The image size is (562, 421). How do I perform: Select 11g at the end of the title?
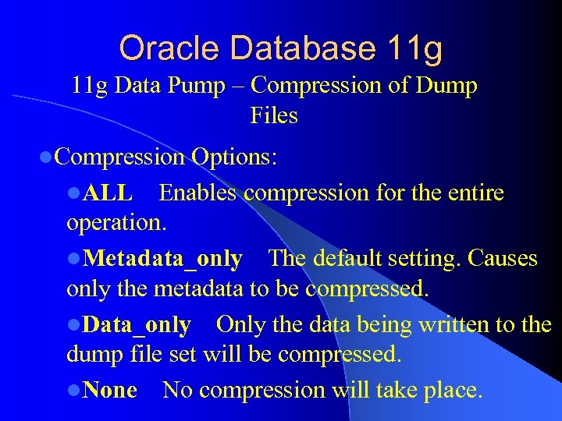point(414,48)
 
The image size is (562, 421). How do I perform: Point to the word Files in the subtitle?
point(274,115)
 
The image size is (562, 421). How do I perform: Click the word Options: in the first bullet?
point(234,157)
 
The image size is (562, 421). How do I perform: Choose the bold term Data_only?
point(136,324)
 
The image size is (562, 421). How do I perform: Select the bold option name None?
point(110,390)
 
